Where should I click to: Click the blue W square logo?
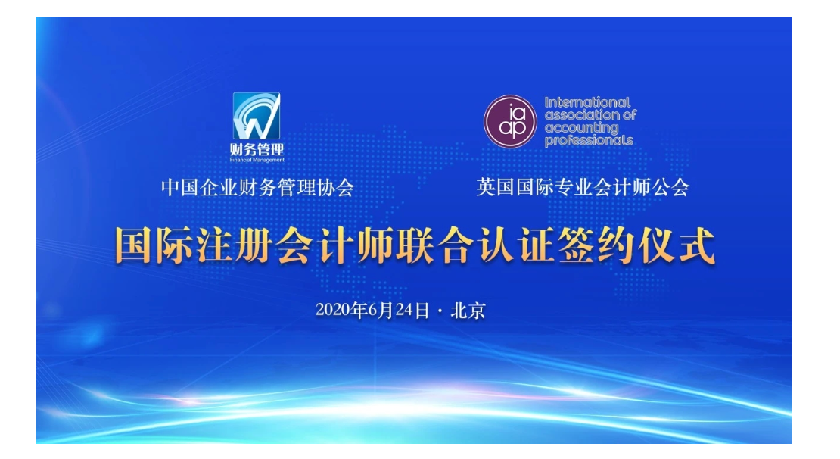[x=257, y=116]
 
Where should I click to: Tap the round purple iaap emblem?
[x=510, y=122]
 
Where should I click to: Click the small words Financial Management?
[x=257, y=160]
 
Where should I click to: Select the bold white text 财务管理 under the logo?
[x=257, y=150]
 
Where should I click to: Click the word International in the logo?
[x=588, y=102]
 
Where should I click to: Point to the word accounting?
[x=581, y=129]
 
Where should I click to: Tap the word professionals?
[x=589, y=141]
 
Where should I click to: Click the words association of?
[x=590, y=115]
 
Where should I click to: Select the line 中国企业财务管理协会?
[x=258, y=188]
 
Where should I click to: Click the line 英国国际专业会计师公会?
[x=583, y=187]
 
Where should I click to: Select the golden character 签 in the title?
[x=576, y=246]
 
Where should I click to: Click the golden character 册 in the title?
[x=254, y=246]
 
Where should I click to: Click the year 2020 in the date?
[x=332, y=310]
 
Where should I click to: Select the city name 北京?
[x=468, y=311]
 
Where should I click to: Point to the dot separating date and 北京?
[x=440, y=311]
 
